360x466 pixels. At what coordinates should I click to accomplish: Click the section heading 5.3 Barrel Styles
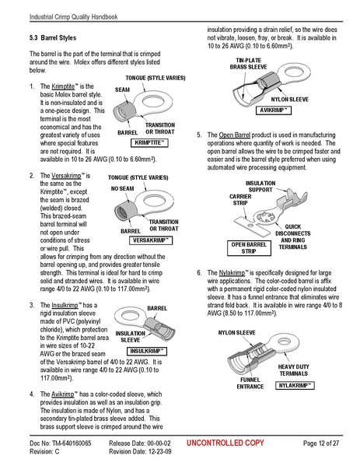(51, 37)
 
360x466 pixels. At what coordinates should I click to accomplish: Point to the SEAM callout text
(122, 90)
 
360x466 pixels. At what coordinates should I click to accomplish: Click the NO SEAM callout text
(123, 188)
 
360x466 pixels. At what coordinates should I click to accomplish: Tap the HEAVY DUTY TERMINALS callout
(299, 370)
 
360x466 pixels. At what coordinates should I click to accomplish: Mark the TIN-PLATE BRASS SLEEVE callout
(248, 63)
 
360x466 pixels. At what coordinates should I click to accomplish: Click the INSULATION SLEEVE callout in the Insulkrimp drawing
(131, 336)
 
